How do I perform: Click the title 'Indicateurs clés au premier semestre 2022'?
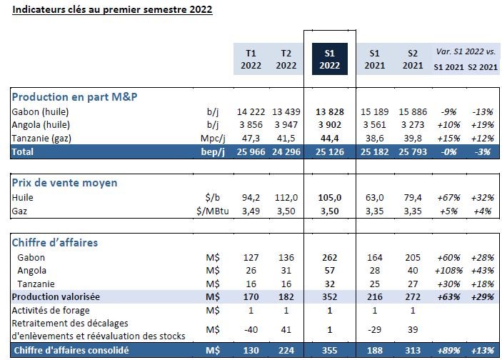click(x=112, y=11)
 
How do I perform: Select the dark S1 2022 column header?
click(x=330, y=59)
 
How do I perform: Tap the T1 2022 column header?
click(x=251, y=59)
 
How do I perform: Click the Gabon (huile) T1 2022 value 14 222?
click(x=250, y=112)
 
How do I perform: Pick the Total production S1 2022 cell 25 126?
click(x=330, y=151)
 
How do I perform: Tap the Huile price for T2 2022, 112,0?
click(x=286, y=197)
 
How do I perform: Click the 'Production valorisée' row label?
click(x=56, y=296)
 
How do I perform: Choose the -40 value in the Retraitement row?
click(x=251, y=329)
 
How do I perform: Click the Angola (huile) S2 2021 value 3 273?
click(x=410, y=125)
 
